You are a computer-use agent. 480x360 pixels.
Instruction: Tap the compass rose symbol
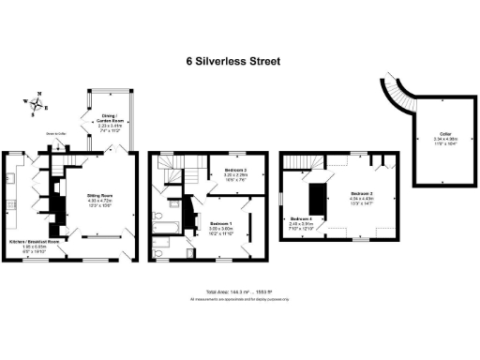point(37,103)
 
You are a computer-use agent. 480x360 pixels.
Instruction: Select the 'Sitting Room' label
point(100,195)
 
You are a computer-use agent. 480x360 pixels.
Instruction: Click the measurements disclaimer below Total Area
point(239,299)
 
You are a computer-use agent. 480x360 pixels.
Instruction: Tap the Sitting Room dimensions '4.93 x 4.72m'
point(100,201)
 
